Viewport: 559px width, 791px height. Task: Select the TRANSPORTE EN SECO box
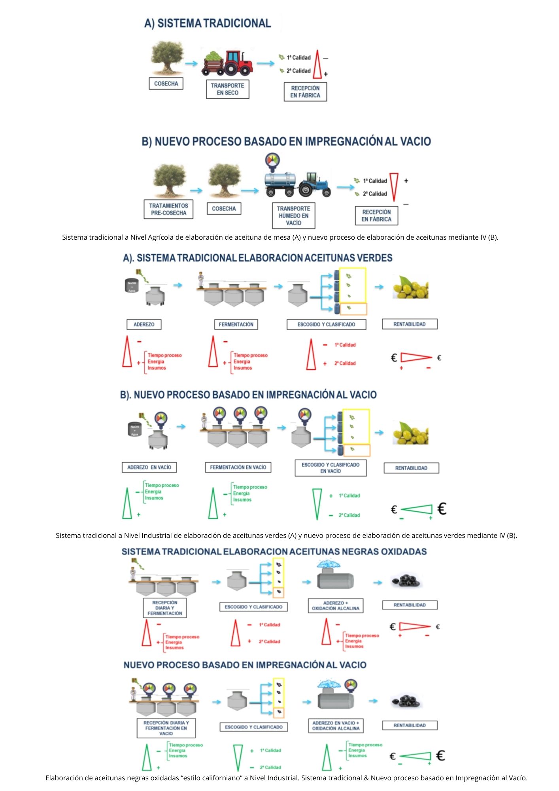point(227,89)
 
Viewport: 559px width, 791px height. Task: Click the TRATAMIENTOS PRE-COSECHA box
point(168,209)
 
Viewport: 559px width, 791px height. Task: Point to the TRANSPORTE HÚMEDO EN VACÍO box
point(293,216)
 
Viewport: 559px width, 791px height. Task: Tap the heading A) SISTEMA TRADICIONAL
point(208,23)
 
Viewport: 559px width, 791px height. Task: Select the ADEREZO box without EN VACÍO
point(144,324)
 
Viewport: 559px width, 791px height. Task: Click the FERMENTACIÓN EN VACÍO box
point(238,467)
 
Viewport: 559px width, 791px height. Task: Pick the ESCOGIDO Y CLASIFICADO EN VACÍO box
point(330,468)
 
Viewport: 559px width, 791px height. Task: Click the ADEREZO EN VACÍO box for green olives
point(149,467)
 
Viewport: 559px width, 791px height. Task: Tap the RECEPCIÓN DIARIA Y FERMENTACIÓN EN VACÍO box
point(166,728)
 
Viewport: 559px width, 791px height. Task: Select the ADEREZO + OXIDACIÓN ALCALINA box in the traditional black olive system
point(335,606)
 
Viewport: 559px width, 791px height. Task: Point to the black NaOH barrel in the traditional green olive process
point(132,286)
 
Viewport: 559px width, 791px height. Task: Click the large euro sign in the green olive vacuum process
point(442,509)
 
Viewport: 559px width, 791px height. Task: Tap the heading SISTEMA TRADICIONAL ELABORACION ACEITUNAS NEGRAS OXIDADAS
point(274,552)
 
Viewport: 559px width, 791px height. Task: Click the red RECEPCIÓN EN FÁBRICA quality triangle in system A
point(317,64)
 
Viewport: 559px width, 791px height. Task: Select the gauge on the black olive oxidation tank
point(351,685)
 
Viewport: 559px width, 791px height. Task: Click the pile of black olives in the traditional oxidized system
point(406,581)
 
